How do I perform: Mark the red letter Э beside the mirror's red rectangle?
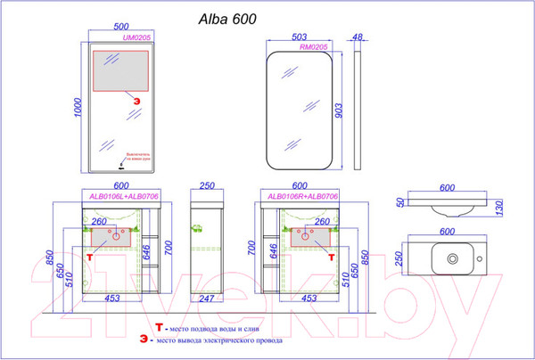coord(136,100)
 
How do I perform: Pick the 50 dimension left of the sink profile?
coord(400,202)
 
